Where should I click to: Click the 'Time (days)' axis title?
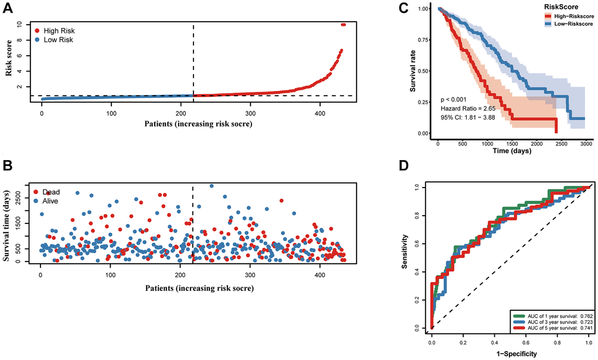coord(511,151)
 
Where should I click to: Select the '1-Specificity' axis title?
coord(510,354)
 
